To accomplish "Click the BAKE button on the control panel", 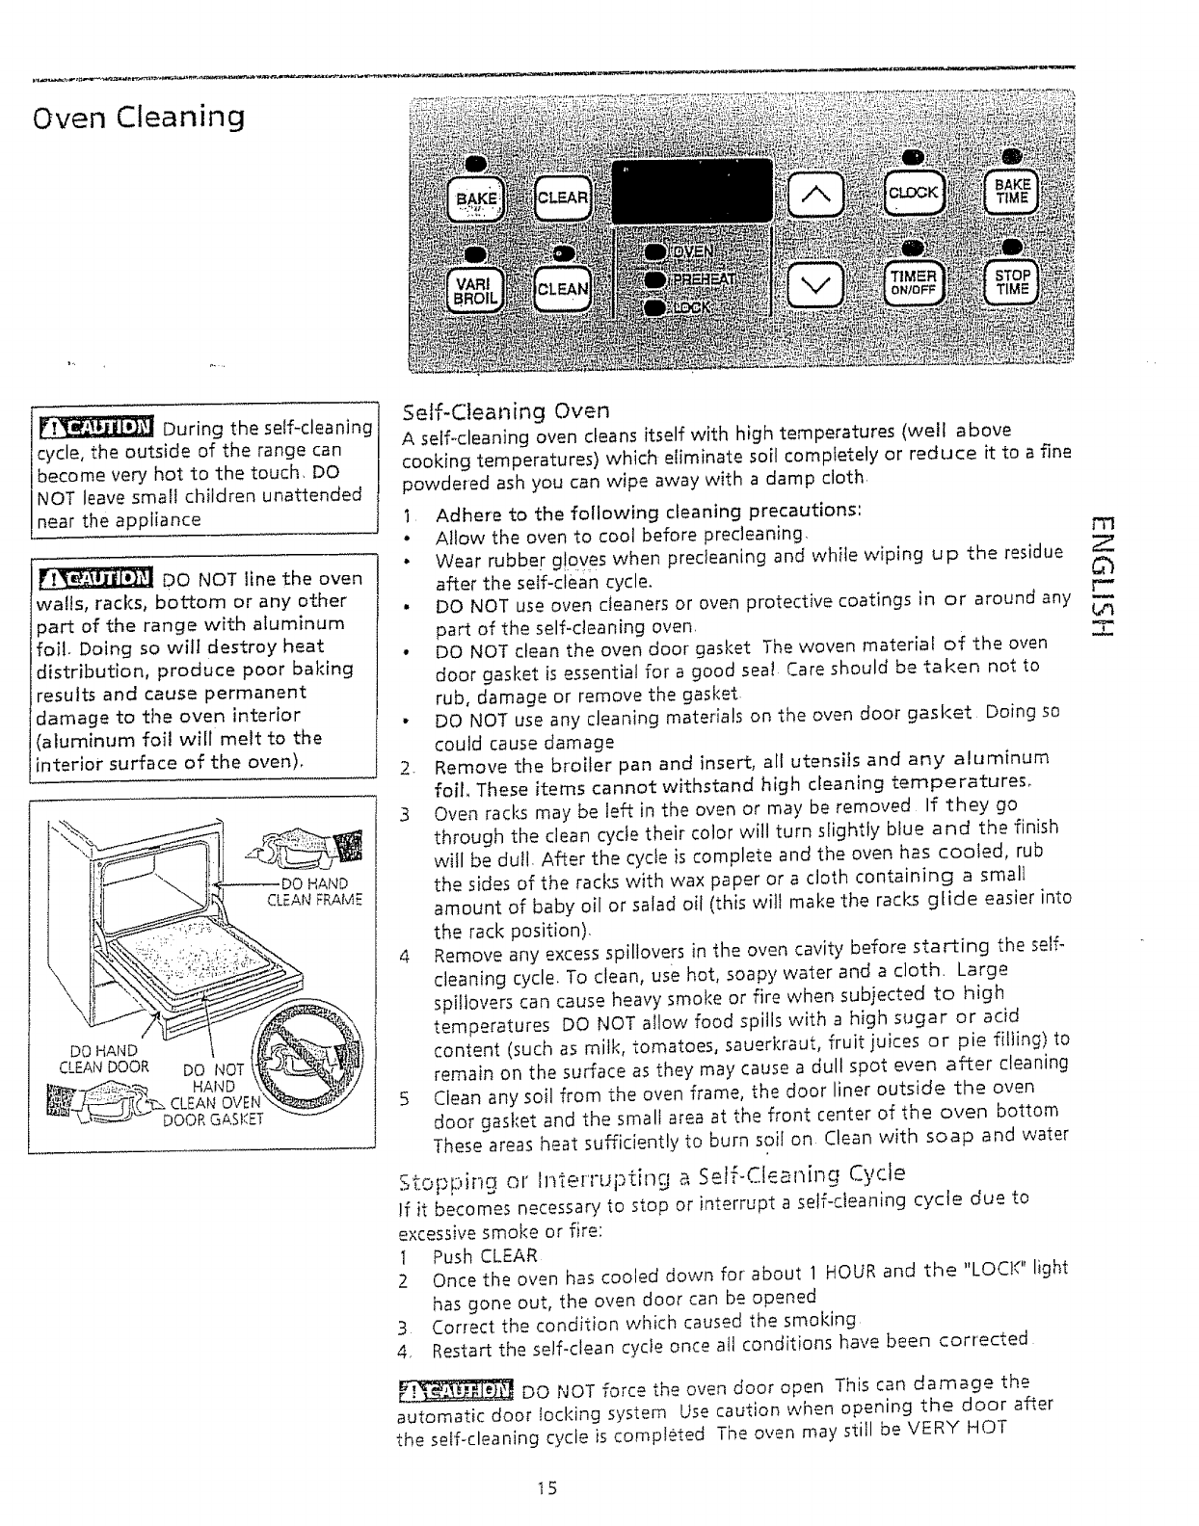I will coord(477,198).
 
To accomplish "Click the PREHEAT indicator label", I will coord(704,279).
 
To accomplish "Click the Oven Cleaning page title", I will coord(138,118).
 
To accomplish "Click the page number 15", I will coord(548,1487).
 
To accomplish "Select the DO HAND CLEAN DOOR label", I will coord(104,1058).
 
